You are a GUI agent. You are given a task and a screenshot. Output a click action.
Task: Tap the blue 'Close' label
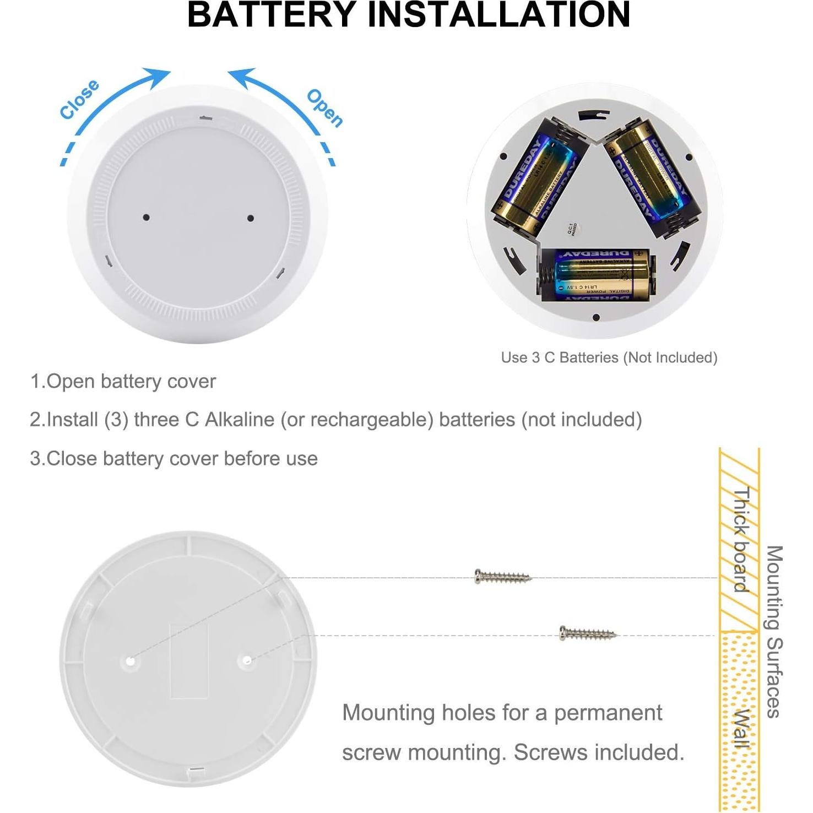(80, 99)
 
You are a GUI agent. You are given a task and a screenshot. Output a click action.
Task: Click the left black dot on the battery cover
(146, 217)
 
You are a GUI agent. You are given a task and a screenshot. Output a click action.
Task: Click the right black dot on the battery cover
(251, 218)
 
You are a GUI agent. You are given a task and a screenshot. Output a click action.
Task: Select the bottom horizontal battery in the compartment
(595, 274)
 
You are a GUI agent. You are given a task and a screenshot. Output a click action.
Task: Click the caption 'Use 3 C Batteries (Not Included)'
(609, 357)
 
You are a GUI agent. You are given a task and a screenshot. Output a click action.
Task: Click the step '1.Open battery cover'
(123, 381)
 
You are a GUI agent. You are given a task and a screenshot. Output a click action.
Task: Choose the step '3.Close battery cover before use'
(174, 458)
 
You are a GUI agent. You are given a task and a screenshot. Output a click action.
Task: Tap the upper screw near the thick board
(502, 577)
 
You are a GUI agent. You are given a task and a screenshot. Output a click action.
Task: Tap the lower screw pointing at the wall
(587, 633)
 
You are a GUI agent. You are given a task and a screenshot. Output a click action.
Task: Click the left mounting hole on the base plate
(130, 660)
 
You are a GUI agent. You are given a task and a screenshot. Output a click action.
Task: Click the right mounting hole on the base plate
(247, 660)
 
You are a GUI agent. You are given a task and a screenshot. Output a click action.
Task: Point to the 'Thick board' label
(741, 540)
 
